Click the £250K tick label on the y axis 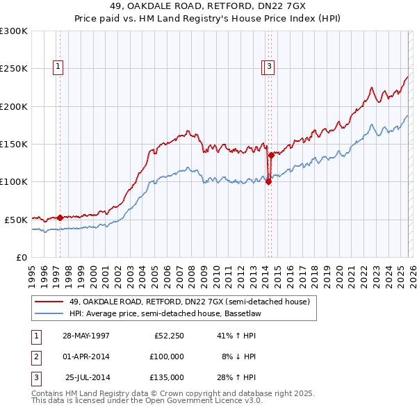14,69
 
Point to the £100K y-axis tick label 14,181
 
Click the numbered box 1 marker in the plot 57,67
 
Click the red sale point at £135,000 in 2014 271,156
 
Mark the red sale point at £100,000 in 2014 268,182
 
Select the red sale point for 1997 60,218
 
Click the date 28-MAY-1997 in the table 86,336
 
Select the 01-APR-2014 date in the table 86,356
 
